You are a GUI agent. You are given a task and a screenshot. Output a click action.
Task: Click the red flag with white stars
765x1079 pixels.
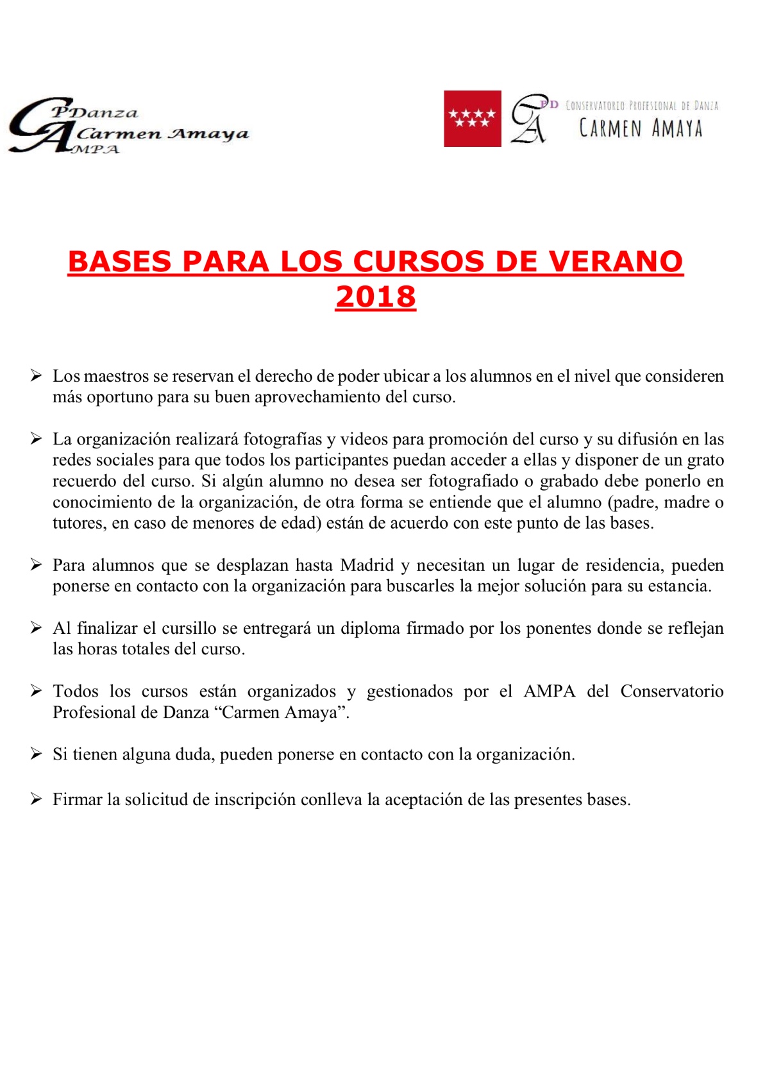(472, 119)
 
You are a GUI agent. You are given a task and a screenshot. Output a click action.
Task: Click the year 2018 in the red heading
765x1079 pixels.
(376, 296)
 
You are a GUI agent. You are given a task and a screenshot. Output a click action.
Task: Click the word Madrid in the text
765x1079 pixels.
(367, 565)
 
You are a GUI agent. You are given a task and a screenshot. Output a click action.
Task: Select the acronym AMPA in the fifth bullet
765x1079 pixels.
(550, 691)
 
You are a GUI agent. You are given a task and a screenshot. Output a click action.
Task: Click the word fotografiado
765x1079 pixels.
(473, 481)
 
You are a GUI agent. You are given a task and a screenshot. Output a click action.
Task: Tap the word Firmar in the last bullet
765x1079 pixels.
(78, 799)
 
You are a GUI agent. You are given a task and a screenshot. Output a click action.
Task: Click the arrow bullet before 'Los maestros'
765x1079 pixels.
(37, 375)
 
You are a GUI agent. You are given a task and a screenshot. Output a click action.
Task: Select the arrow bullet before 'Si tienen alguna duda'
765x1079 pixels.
(37, 754)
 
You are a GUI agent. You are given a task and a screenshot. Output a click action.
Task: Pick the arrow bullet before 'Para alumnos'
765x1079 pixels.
(37, 565)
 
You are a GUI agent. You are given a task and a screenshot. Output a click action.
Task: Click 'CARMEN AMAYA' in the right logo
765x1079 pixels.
(641, 128)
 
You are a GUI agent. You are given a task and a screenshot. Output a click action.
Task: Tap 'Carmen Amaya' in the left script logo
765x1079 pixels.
(162, 133)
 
